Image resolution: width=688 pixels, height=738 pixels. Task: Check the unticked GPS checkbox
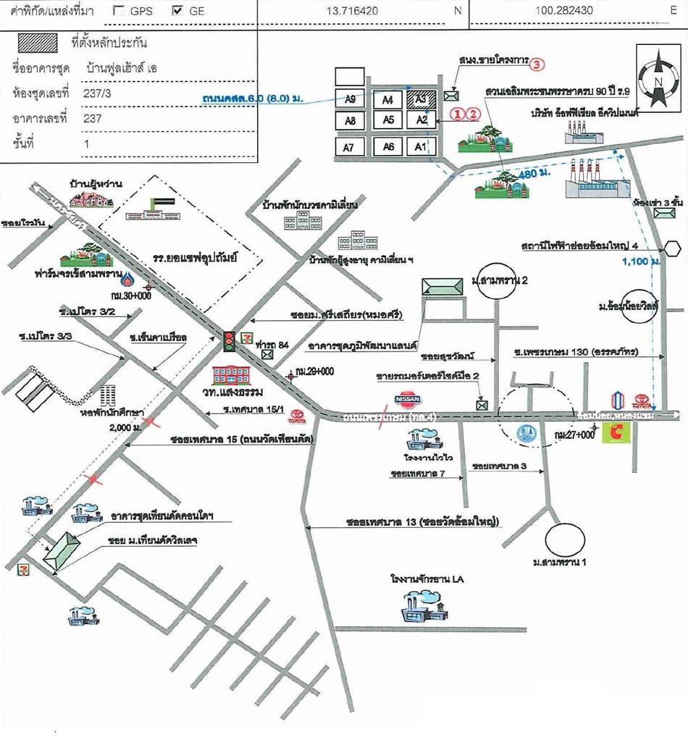(x=120, y=12)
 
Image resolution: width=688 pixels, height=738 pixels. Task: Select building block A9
(x=351, y=99)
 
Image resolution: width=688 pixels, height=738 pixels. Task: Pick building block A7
(x=351, y=147)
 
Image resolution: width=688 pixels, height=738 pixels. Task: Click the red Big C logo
(x=618, y=432)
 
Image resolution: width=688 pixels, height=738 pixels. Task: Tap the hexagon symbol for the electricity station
(x=673, y=248)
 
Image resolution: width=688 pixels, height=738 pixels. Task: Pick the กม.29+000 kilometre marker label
(x=317, y=372)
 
